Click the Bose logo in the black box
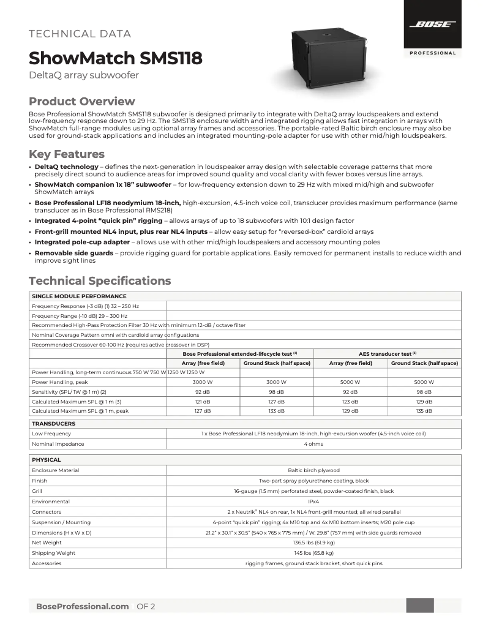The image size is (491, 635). pos(432,24)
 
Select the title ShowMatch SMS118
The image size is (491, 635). pos(115,58)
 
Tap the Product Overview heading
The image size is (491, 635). pos(82,102)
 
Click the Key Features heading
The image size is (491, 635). pos(67,154)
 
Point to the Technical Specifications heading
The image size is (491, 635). pos(100,281)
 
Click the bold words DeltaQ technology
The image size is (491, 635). pos(66,167)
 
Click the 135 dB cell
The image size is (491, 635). pos(424,411)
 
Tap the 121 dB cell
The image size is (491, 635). pos(203,401)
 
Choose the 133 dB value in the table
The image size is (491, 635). pos(277,411)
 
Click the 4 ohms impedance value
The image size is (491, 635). pos(313,444)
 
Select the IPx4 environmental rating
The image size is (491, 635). pos(313,502)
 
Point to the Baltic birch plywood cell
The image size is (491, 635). pos(313,470)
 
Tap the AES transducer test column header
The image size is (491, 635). pos(387,353)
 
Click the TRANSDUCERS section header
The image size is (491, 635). pos(53,423)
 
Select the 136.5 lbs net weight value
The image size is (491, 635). pos(313,543)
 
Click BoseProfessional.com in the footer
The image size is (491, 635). pos(82,606)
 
